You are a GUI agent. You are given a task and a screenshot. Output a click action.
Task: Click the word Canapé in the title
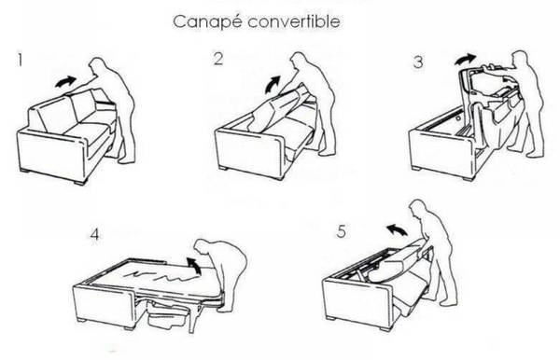(x=208, y=21)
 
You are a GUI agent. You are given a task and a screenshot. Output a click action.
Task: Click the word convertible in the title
(x=294, y=21)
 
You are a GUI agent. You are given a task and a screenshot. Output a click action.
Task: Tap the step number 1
(x=21, y=60)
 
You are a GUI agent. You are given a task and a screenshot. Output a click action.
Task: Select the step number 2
(x=217, y=59)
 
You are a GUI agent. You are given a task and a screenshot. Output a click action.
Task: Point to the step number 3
(x=418, y=62)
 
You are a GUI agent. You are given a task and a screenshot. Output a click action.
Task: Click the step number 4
(x=94, y=235)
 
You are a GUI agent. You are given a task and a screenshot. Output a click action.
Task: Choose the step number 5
(x=341, y=231)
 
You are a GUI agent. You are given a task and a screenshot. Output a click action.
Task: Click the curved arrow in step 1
(x=65, y=82)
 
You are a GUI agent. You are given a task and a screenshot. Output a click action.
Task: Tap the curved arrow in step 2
(x=273, y=84)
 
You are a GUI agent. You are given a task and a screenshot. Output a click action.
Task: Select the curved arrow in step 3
(x=465, y=60)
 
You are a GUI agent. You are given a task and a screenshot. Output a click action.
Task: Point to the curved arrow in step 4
(x=195, y=266)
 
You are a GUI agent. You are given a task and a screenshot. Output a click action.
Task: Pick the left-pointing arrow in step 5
(x=397, y=230)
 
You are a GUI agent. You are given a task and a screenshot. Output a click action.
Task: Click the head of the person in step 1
(x=97, y=66)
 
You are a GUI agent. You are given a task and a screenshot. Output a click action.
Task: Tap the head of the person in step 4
(x=203, y=248)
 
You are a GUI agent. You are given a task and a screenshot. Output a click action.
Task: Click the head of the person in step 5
(x=417, y=208)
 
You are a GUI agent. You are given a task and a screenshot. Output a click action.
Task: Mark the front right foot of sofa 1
(x=79, y=181)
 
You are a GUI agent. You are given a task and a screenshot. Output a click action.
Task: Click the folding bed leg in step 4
(x=193, y=316)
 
